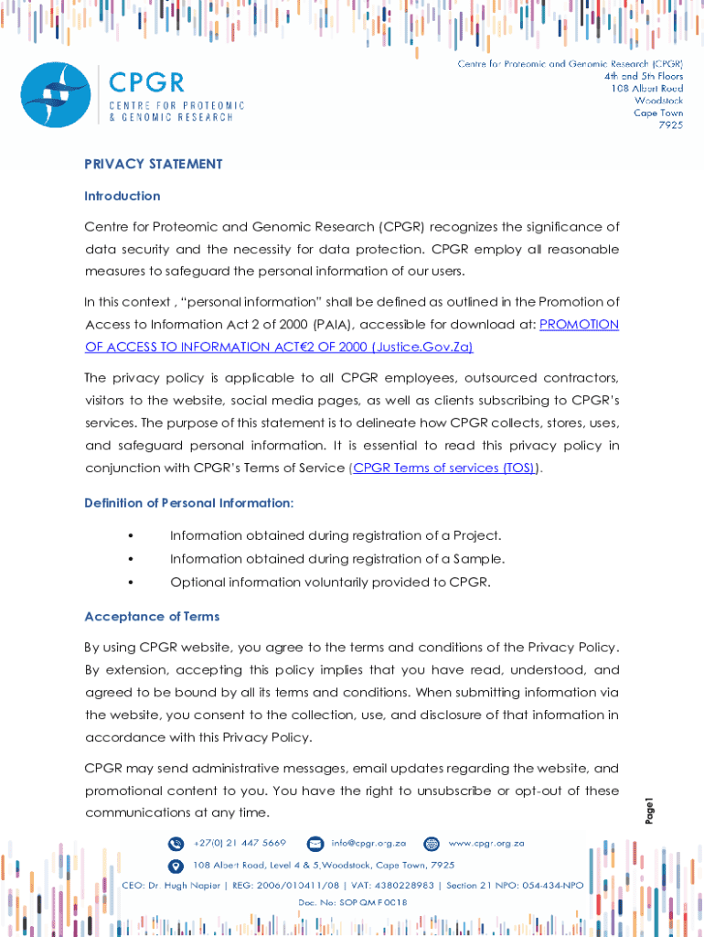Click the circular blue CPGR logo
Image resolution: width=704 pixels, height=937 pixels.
[56, 95]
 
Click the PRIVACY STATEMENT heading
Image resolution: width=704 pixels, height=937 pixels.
[153, 164]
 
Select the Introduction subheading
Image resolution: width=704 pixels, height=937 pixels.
[122, 196]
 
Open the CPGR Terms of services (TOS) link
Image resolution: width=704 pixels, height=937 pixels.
[444, 468]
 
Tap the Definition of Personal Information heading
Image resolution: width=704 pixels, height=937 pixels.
[188, 503]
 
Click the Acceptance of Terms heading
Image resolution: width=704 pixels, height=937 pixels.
[152, 617]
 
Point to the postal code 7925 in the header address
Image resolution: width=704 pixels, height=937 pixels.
[670, 125]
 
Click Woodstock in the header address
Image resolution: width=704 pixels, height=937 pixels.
[658, 101]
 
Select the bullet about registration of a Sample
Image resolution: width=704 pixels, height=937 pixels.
[336, 559]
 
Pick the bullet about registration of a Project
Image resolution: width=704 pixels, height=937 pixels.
[335, 535]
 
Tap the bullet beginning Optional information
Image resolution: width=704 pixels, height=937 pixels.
[330, 582]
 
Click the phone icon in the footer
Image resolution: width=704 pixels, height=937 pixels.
[176, 843]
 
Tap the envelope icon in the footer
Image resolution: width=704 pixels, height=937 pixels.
[315, 843]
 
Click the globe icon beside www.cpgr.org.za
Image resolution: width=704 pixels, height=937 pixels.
[432, 843]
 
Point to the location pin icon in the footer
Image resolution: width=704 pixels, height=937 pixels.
[176, 865]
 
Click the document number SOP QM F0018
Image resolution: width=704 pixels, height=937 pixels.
[352, 902]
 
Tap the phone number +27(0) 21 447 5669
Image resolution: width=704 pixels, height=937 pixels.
[240, 843]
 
